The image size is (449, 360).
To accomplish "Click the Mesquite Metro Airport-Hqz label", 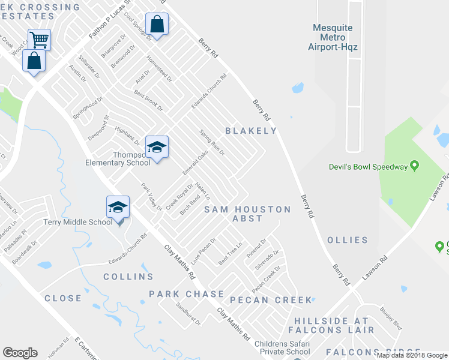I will pyautogui.click(x=333, y=37).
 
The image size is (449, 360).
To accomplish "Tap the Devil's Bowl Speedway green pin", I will pyautogui.click(x=414, y=167).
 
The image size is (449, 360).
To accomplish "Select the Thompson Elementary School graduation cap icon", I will pyautogui.click(x=157, y=147).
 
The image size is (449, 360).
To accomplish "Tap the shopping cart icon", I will pyautogui.click(x=39, y=40).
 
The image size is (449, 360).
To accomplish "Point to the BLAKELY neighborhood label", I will pyautogui.click(x=251, y=131).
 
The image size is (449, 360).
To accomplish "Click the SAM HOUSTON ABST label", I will pyautogui.click(x=247, y=214).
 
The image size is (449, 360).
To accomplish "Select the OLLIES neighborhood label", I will pyautogui.click(x=348, y=240).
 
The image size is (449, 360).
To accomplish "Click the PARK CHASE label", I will pyautogui.click(x=187, y=295).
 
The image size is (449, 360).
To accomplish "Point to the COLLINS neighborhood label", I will pyautogui.click(x=128, y=277).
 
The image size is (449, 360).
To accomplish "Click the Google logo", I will pyautogui.click(x=20, y=353).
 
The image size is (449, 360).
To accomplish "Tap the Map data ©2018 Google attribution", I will pyautogui.click(x=412, y=355).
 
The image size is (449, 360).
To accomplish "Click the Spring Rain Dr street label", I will pyautogui.click(x=212, y=144).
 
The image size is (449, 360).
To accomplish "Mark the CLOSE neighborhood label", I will pyautogui.click(x=62, y=298).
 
